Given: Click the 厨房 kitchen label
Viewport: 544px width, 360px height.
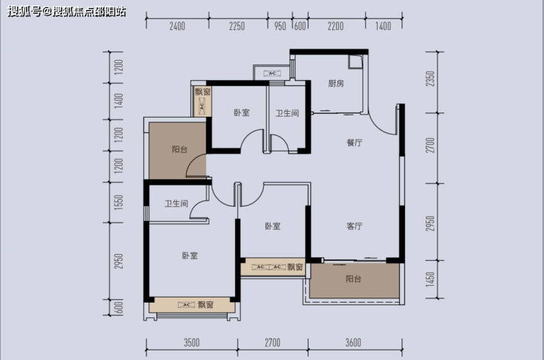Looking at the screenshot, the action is pos(336,84).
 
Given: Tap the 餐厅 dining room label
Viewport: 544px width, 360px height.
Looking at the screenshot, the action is pos(354,143).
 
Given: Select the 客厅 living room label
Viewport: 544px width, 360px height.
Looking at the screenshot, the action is pos(354,226).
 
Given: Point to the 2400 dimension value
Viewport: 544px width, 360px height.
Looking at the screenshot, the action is pos(177,26).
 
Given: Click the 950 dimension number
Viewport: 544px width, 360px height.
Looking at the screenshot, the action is pos(280,26).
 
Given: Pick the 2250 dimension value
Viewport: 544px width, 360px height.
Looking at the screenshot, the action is pos(237,26).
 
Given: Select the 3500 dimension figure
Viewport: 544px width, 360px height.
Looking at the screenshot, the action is pos(192,342).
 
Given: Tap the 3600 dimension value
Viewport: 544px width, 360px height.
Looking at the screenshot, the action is pos(353,342).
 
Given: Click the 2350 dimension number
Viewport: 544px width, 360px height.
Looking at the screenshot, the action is pos(430,79).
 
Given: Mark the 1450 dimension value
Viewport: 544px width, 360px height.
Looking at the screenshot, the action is pos(430,279).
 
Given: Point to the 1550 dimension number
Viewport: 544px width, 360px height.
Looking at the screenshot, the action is pos(118,201).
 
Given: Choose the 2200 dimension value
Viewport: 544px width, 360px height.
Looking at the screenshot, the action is pos(335,26).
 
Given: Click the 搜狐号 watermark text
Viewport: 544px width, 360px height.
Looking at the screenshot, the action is pos(24,12).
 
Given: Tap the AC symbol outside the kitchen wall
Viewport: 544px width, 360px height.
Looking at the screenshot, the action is pos(272,73).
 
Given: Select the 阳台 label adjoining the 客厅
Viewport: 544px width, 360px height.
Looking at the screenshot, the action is pos(353,279).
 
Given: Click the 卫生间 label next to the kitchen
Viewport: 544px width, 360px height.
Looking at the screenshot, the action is pos(287,113).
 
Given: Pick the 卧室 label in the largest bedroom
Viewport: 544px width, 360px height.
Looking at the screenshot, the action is pos(190,256).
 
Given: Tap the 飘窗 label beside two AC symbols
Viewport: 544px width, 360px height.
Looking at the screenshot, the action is pos(295,267).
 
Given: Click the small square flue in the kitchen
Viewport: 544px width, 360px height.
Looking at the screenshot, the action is pos(356,62).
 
